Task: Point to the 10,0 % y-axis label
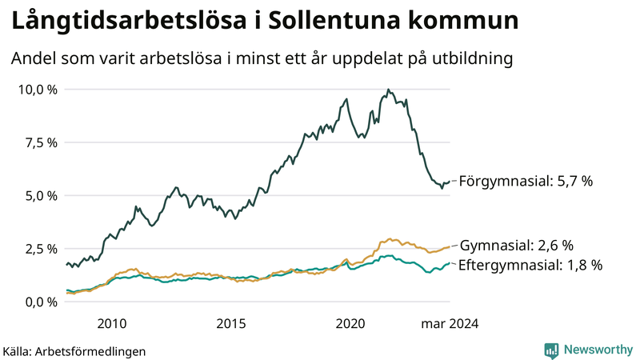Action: [38, 90]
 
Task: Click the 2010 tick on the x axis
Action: [111, 323]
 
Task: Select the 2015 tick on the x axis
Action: [230, 323]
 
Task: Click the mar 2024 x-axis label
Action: [450, 323]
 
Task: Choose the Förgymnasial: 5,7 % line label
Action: [526, 182]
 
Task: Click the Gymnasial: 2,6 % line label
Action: [518, 245]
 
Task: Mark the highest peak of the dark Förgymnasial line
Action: [388, 90]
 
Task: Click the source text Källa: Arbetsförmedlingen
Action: [74, 350]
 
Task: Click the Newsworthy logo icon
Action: [551, 350]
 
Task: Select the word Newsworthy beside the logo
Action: [596, 350]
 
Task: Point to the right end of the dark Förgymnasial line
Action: [450, 182]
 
